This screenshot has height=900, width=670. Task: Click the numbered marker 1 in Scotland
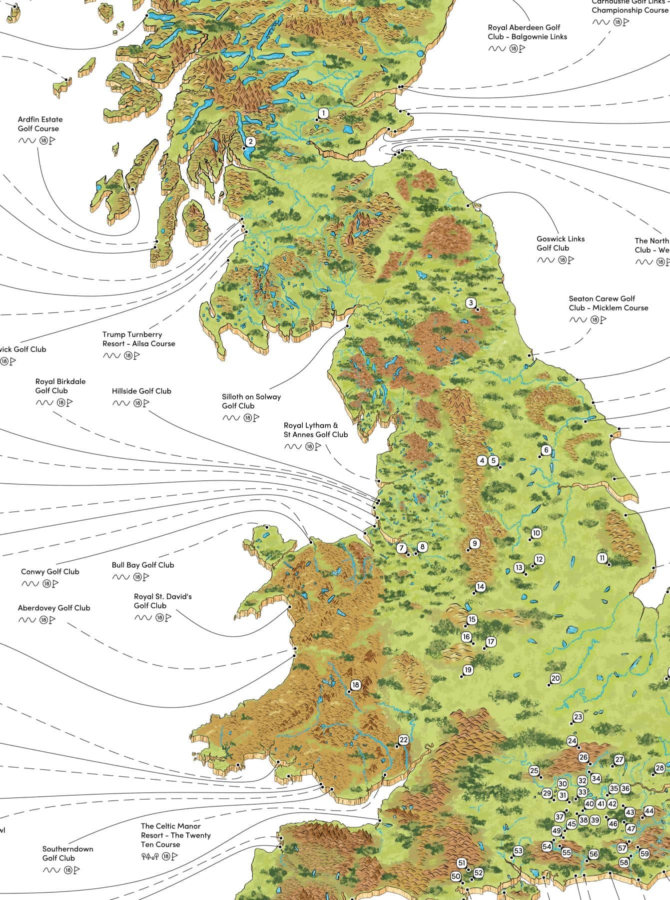323,113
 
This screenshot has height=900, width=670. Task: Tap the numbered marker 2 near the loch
250,141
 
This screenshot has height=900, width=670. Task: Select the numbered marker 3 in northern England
471,302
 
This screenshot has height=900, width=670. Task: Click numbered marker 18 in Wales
355,685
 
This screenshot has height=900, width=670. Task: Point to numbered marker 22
404,740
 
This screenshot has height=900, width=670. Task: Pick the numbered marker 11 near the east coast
603,557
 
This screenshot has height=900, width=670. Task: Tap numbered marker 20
556,678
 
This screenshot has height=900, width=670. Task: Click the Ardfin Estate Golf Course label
40,124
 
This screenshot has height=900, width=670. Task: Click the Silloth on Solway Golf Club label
251,401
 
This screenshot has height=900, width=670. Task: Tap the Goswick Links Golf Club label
560,243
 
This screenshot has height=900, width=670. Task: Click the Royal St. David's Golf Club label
162,601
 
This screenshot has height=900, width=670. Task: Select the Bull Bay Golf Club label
143,565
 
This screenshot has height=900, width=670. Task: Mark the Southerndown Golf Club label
67,853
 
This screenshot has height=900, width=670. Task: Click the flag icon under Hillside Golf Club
146,403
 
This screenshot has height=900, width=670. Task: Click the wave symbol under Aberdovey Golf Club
26,620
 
